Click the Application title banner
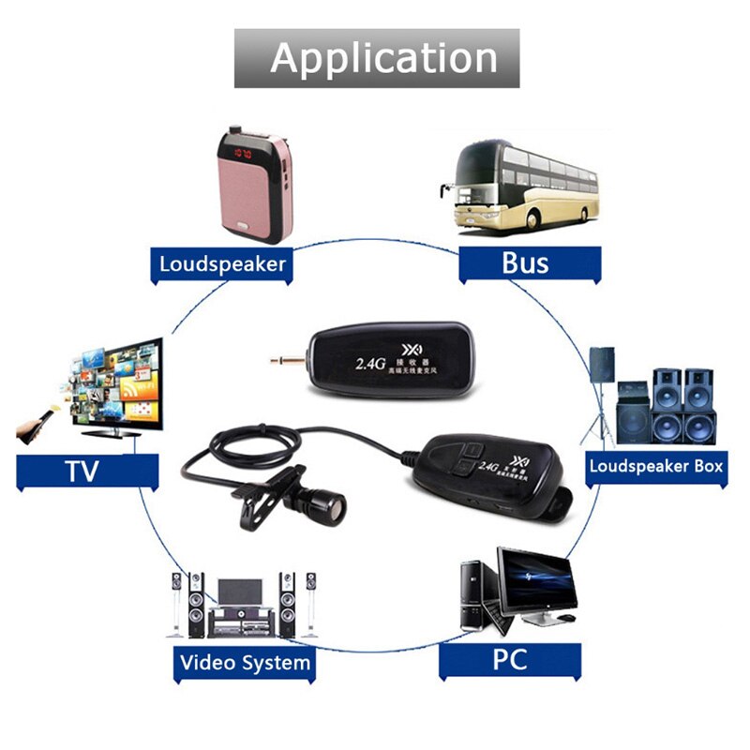[x=377, y=58]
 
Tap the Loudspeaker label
[x=221, y=263]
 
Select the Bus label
[x=525, y=262]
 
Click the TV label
[x=82, y=471]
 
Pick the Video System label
[x=245, y=663]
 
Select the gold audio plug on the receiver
[x=285, y=359]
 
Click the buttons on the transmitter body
[x=465, y=455]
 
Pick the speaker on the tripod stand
[x=601, y=366]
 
